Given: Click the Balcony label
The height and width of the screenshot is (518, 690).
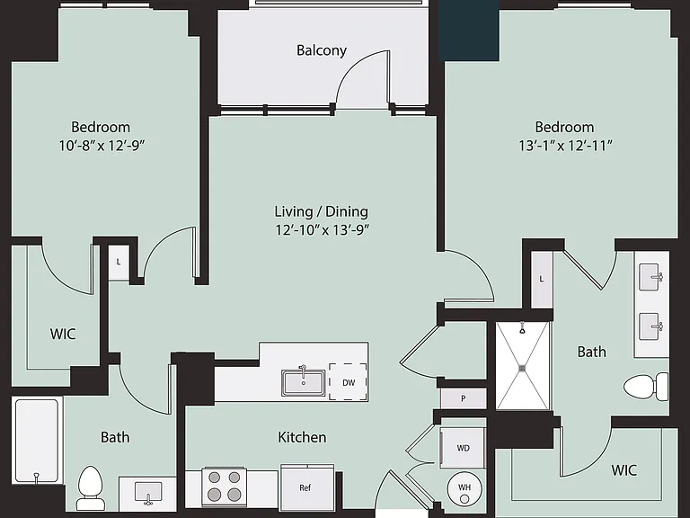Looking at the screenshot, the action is [x=322, y=50].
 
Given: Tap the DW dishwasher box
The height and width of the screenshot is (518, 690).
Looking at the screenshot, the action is [x=348, y=382].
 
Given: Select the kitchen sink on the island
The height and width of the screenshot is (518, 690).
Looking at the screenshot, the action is [x=304, y=381].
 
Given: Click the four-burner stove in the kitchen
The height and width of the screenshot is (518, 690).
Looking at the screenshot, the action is [x=224, y=486].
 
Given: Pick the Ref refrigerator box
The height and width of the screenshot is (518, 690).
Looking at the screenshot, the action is [x=307, y=487].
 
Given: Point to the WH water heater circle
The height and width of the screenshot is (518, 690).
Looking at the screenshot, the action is [x=464, y=488].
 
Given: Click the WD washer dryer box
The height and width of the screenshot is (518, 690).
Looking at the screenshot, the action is [x=463, y=448].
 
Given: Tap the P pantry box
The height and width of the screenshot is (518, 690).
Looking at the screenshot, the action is [x=464, y=398].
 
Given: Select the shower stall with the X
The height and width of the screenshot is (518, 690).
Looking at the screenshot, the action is [x=523, y=366].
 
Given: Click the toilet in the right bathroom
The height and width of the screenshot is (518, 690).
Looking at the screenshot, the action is [x=646, y=387].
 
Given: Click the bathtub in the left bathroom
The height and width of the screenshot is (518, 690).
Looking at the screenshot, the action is [x=37, y=441].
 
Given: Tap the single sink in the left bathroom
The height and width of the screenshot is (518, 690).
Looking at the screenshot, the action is [x=148, y=493].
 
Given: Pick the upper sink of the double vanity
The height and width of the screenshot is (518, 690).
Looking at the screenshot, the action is [x=650, y=277].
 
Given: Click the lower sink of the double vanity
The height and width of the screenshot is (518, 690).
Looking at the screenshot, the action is [x=650, y=326].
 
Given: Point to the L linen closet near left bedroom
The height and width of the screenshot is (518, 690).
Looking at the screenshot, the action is [x=119, y=263].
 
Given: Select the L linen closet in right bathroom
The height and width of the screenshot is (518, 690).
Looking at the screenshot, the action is [x=541, y=280].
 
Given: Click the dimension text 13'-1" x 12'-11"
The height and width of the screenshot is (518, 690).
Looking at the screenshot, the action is [x=565, y=145].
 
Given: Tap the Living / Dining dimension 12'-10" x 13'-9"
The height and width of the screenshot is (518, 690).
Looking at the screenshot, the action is [x=322, y=229].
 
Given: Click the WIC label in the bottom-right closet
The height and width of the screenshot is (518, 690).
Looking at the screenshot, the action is [x=624, y=470].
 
